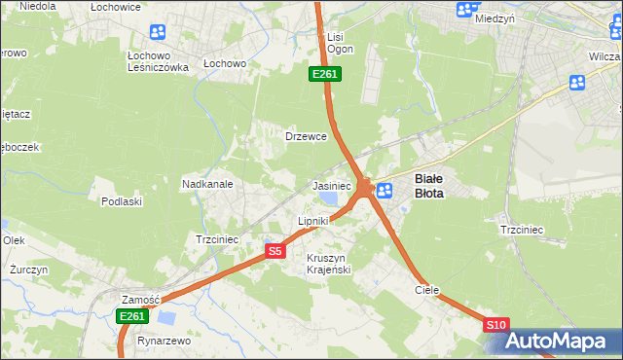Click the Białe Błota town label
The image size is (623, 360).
pos(429,186)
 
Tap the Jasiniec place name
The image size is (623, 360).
pos(331,185)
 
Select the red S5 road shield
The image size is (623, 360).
pos(275,251)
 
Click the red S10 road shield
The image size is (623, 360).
pos(495,324)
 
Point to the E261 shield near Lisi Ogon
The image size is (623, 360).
pos(325,74)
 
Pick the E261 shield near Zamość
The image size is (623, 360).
pos(131,316)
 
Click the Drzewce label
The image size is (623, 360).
pos(305,136)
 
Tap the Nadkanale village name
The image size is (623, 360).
pos(206,183)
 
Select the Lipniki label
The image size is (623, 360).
pos(313,221)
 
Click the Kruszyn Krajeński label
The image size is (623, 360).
pos(328,264)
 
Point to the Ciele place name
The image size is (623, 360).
pos(427,290)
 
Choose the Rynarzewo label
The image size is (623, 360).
pos(164,342)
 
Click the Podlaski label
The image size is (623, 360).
pos(122,201)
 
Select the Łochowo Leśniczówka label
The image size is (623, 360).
pos(158,61)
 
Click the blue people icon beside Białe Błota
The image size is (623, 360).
pos(385,191)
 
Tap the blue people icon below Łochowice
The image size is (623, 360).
pos(158,32)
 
